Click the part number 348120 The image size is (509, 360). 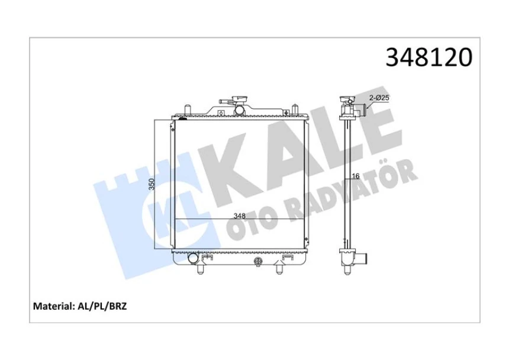click(429, 57)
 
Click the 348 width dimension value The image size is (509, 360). click(239, 216)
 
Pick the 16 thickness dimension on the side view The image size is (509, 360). click(356, 176)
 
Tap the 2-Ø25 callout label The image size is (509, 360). click(379, 97)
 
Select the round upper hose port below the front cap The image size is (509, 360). click(240, 110)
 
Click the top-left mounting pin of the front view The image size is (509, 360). click(186, 109)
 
